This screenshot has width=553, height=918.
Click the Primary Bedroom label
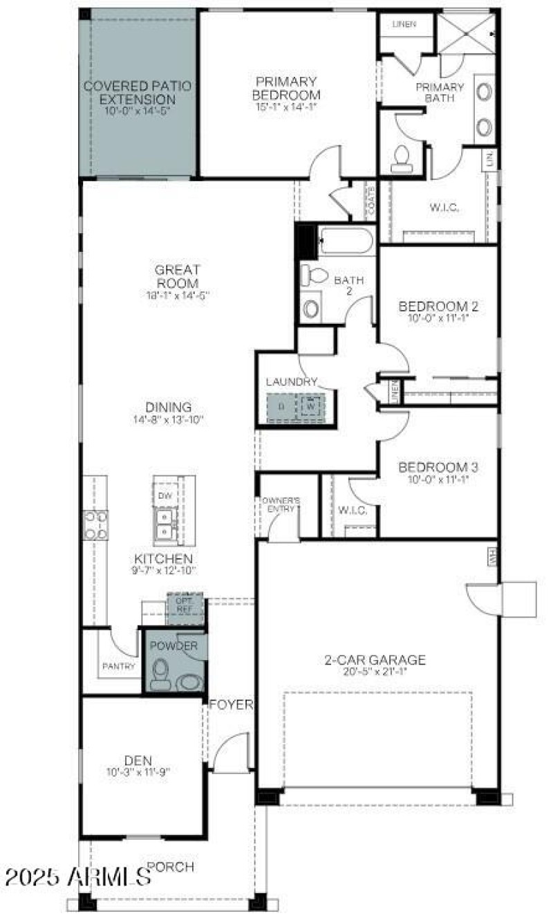285,88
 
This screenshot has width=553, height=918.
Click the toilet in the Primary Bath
402,160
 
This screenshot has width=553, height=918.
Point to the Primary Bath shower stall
466,33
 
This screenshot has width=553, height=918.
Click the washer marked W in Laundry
312,406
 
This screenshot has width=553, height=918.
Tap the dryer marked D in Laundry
281,407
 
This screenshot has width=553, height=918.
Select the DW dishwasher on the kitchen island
165,495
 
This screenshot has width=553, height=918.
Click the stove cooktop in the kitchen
95,524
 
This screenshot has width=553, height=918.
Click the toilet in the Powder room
160,673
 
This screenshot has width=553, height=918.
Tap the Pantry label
118,666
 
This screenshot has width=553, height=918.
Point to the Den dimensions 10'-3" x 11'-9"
138,771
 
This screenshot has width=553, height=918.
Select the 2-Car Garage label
375,660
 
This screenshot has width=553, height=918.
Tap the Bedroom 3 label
438,467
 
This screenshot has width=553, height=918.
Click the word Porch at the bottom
171,866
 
